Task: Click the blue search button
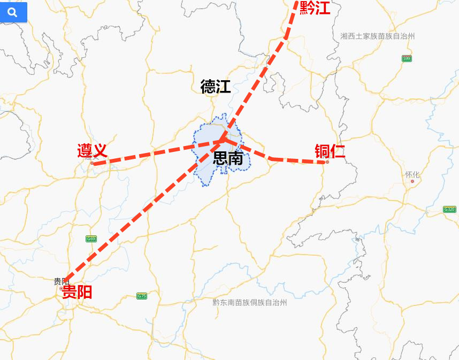pyautogui.click(x=13, y=12)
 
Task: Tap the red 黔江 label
pyautogui.click(x=315, y=8)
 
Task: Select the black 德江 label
pyautogui.click(x=216, y=86)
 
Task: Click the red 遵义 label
pyautogui.click(x=92, y=151)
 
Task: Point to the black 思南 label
pyautogui.click(x=228, y=158)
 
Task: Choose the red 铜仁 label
pyautogui.click(x=330, y=151)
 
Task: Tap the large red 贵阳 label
pyautogui.click(x=77, y=292)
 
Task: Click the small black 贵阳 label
pyautogui.click(x=62, y=281)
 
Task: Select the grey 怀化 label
pyautogui.click(x=412, y=174)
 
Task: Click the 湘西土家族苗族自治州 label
pyautogui.click(x=377, y=36)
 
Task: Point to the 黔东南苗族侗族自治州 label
pyautogui.click(x=250, y=302)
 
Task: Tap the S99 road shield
pyautogui.click(x=407, y=58)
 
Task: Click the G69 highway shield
pyautogui.click(x=91, y=239)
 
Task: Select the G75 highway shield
pyautogui.click(x=141, y=296)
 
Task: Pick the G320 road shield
pyautogui.click(x=449, y=209)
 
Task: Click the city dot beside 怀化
pyautogui.click(x=412, y=181)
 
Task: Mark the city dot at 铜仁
pyautogui.click(x=327, y=162)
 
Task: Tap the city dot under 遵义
pyautogui.click(x=92, y=163)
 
